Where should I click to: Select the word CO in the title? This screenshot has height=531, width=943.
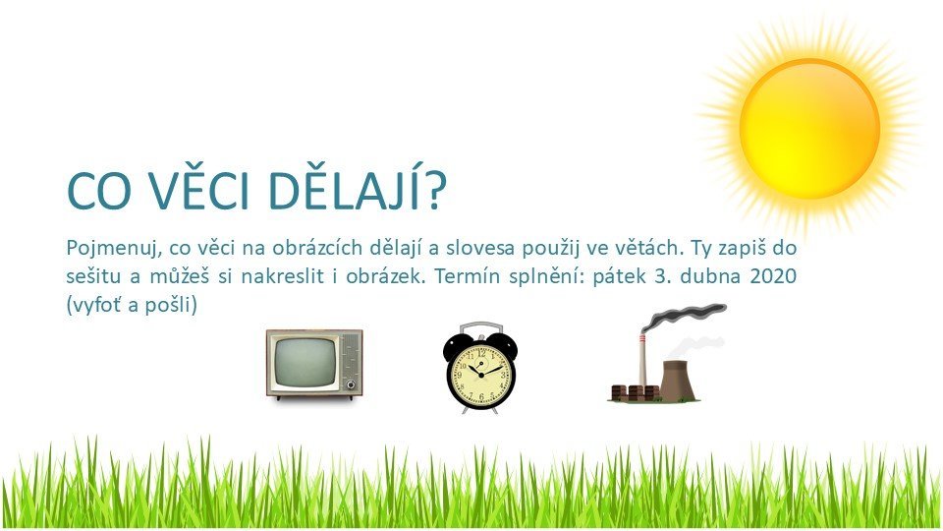pyautogui.click(x=99, y=192)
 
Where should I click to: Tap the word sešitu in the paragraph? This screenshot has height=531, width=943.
pyautogui.click(x=94, y=277)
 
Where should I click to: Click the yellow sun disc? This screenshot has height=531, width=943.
pyautogui.click(x=809, y=128)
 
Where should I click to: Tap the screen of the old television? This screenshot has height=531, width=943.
pyautogui.click(x=305, y=361)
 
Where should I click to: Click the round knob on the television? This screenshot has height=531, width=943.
pyautogui.click(x=351, y=384)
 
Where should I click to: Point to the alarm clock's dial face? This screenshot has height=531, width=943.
pyautogui.click(x=480, y=375)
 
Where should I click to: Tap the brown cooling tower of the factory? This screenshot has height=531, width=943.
pyautogui.click(x=678, y=381)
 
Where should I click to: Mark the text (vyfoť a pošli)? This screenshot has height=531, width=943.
pyautogui.click(x=132, y=305)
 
